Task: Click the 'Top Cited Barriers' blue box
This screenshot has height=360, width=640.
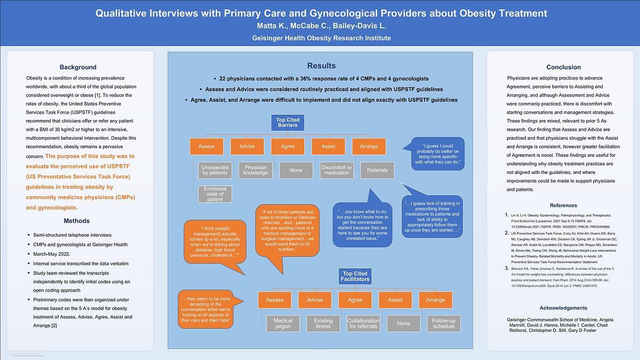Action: (x=287, y=123)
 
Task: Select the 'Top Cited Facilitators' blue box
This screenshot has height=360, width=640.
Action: (x=356, y=276)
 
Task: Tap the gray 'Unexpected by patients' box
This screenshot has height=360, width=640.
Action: (x=214, y=170)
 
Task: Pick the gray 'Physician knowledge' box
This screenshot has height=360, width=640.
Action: (x=255, y=170)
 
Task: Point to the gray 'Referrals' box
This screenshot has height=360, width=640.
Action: (x=377, y=170)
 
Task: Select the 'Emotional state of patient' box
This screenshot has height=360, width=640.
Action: (x=214, y=194)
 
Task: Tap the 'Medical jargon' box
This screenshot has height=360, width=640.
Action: (x=283, y=323)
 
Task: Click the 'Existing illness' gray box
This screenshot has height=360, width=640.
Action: (x=323, y=323)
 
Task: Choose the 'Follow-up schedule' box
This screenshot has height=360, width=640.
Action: (x=444, y=323)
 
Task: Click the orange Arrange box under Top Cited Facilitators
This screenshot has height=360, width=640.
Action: (x=435, y=300)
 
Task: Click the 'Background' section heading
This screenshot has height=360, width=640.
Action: (x=78, y=67)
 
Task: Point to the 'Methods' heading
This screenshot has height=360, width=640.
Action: (x=77, y=221)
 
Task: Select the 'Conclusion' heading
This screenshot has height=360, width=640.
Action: (x=563, y=67)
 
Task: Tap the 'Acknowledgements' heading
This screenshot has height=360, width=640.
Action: (x=563, y=308)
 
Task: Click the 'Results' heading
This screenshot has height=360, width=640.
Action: (x=321, y=66)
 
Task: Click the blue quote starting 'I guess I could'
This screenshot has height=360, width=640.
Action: (x=437, y=154)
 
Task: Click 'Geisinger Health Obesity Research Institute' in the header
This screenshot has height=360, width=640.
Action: (x=321, y=38)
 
